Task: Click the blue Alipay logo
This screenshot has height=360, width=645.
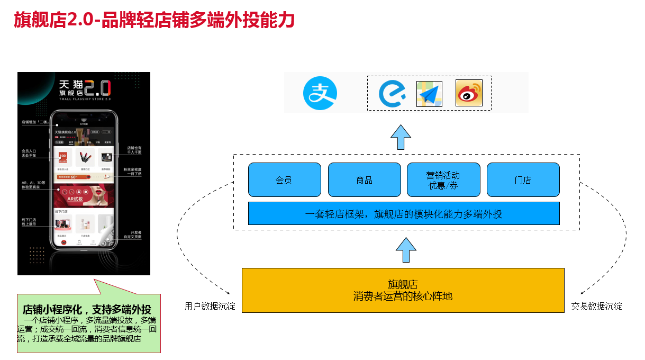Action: [x=320, y=93]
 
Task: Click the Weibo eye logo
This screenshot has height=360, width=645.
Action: [x=469, y=93]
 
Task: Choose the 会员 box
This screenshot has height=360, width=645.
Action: [x=284, y=180]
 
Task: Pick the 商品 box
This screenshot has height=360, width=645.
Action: [x=364, y=180]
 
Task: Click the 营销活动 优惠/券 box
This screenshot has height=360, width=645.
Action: [x=443, y=180]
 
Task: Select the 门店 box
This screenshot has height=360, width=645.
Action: [x=523, y=180]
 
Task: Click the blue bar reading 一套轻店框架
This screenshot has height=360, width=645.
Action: [x=404, y=214]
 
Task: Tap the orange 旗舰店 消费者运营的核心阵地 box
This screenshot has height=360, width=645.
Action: [x=403, y=290]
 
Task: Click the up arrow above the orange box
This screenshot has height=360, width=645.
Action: [x=406, y=249]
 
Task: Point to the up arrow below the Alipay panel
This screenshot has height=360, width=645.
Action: [x=401, y=138]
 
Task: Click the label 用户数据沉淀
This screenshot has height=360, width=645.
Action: [x=210, y=307]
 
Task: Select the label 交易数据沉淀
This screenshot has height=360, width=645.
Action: [x=596, y=307]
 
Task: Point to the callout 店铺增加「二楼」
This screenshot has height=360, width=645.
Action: [x=35, y=122]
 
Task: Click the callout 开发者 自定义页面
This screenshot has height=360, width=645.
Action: [x=133, y=235]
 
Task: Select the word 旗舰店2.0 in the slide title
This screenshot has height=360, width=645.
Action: [x=53, y=21]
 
